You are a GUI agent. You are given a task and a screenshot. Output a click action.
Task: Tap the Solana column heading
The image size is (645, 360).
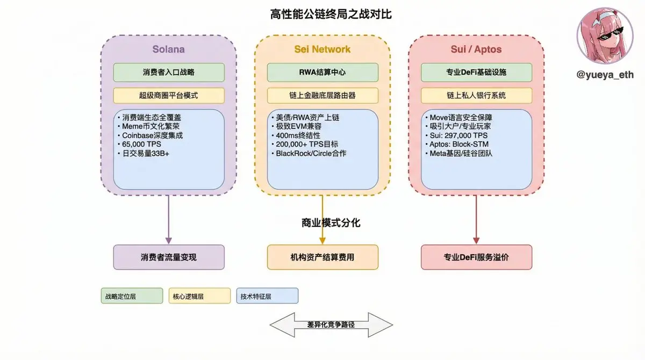coord(168,49)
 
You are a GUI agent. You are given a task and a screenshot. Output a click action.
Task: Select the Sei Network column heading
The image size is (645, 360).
coord(322,49)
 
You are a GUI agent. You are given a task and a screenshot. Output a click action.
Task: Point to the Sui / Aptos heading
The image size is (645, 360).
coord(476,49)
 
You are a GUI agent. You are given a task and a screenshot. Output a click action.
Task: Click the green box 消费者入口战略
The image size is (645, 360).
coord(168,73)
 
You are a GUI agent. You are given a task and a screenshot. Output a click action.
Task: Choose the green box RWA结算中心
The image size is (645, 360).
coord(322,73)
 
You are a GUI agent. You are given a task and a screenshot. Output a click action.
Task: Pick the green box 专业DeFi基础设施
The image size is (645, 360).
coord(476,73)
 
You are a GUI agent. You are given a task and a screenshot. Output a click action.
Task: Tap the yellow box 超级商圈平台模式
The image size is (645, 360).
coord(168,96)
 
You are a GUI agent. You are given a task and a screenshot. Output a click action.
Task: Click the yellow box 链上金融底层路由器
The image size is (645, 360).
coord(322,96)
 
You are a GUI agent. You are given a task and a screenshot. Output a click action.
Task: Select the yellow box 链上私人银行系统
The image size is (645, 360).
coord(476,96)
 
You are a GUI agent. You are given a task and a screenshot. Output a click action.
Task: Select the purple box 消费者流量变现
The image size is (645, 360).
coord(168,257)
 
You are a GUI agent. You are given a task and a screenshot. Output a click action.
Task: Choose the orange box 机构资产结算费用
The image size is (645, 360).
coord(322,257)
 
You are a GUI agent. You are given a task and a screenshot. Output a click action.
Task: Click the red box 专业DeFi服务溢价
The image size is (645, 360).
coord(476,257)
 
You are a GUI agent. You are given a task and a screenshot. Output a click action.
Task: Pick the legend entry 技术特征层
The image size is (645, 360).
coord(267,296)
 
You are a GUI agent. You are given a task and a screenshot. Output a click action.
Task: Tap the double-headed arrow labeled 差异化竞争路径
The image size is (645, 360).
coord(331,325)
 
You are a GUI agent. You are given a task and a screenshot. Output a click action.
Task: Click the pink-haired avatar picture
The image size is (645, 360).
coord(605,36)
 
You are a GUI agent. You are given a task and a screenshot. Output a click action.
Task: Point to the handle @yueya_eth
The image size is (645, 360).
coord(605,75)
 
